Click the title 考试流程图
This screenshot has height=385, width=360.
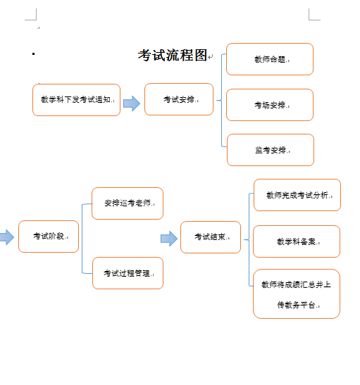(173, 55)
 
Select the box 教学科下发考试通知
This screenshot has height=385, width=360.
(76, 100)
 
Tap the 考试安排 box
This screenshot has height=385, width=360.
(179, 99)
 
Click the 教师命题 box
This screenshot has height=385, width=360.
(270, 59)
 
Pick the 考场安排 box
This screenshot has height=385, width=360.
(270, 105)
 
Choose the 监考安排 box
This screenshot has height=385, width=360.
(271, 150)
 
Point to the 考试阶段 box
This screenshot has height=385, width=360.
(49, 236)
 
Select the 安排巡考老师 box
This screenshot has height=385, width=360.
(128, 203)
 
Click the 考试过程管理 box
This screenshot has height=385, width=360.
(128, 273)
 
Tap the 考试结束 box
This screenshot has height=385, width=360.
(211, 237)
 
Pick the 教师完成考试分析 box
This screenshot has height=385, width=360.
(297, 195)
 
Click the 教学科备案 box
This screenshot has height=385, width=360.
(297, 241)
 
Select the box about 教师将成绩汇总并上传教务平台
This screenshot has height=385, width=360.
(297, 294)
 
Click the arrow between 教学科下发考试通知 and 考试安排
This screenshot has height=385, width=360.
(132, 103)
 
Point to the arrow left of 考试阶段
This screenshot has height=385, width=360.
(7, 237)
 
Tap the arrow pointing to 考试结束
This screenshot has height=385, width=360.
(169, 239)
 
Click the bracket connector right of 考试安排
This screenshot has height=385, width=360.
(222, 100)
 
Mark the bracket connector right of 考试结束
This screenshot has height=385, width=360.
(249, 239)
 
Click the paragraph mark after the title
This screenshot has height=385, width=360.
(211, 57)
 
